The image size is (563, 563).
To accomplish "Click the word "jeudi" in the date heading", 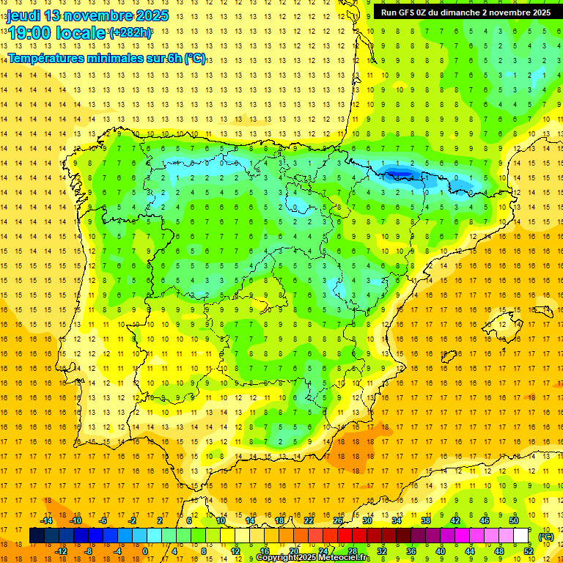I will pos(25,15).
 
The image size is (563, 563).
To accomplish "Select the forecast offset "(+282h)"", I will pos(130,33).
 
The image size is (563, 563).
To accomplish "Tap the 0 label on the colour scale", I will pos(145,551).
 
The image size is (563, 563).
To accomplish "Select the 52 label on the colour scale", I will pos(529,551).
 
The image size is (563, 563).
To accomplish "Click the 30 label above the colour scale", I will pos(367,520).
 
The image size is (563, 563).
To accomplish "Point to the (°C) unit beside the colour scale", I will pos(546,536).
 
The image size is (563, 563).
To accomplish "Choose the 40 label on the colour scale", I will pos(440,551).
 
